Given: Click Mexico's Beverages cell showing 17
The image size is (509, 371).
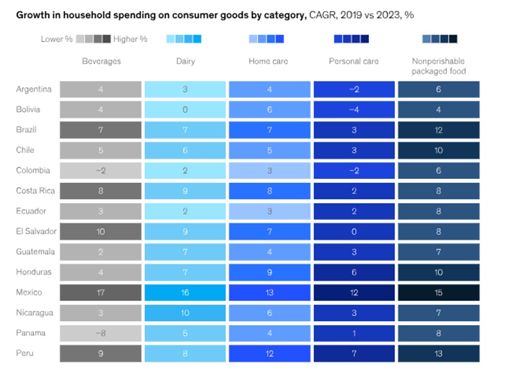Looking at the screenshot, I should (101, 292).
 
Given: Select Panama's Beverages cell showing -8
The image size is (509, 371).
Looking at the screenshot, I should (101, 333).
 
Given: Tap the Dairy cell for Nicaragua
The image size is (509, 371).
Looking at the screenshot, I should (185, 313).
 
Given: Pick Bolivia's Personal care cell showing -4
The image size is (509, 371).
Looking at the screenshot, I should (354, 110).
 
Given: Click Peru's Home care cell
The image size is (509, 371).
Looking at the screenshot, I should (269, 353).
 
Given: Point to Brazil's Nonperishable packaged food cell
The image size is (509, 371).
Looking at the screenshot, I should (439, 130).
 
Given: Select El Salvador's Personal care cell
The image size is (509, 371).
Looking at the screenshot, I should (354, 231).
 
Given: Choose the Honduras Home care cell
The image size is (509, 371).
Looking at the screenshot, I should (269, 272).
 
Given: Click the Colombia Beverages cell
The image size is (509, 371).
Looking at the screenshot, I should (101, 171).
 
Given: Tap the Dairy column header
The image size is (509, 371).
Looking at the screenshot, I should (185, 61).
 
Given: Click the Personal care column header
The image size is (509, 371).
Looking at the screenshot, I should (354, 61).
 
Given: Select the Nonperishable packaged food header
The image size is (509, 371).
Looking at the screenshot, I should (439, 66).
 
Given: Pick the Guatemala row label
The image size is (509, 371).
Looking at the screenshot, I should (35, 251).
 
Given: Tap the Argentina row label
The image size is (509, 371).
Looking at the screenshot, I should (34, 89).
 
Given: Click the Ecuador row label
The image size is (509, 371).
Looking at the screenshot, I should (31, 211).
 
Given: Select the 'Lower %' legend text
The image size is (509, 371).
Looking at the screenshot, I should (57, 39).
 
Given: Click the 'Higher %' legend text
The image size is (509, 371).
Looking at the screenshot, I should (130, 39).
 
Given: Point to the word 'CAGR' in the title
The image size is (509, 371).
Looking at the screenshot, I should (322, 15).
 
